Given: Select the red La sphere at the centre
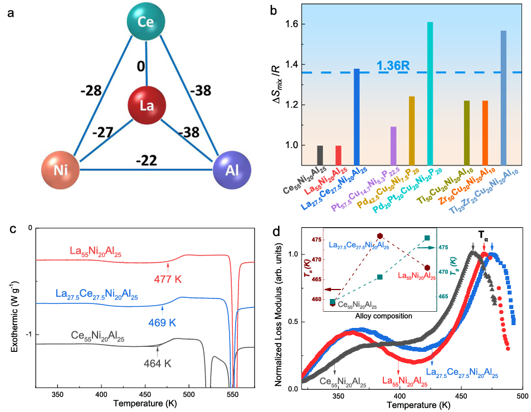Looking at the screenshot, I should (x=147, y=105).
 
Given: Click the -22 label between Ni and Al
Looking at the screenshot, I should (x=147, y=161).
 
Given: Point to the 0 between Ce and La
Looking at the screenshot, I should (x=141, y=67).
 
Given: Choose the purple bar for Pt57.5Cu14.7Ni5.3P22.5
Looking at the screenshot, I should (x=393, y=144).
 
